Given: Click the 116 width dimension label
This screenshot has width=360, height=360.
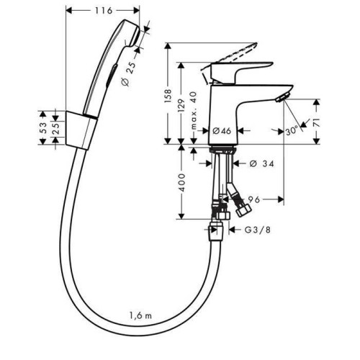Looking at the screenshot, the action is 104,11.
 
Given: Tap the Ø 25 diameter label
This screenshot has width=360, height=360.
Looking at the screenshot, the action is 128,73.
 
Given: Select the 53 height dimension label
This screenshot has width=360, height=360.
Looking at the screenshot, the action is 42,128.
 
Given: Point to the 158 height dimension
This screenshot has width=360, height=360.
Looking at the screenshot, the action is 168,96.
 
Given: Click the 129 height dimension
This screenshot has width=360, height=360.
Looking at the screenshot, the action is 181,106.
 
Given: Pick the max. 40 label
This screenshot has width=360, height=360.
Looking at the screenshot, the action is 194,111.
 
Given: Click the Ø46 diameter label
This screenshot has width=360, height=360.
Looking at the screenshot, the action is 222,131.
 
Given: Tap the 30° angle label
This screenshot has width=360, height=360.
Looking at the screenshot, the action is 292,131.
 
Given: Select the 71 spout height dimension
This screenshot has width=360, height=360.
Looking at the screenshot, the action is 317,122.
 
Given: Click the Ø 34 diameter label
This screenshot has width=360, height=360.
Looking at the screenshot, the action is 261,164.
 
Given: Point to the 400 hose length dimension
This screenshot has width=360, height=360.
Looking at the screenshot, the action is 182,182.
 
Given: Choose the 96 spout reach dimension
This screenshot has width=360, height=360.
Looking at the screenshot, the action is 253,199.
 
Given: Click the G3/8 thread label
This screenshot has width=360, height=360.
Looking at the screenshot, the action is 258,230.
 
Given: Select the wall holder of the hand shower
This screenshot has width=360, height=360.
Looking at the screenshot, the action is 81,130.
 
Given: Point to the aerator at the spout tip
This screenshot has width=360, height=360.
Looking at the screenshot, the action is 283,97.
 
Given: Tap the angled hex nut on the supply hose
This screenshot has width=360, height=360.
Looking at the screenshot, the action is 243,210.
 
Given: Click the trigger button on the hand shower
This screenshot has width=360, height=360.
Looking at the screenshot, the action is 112,75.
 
